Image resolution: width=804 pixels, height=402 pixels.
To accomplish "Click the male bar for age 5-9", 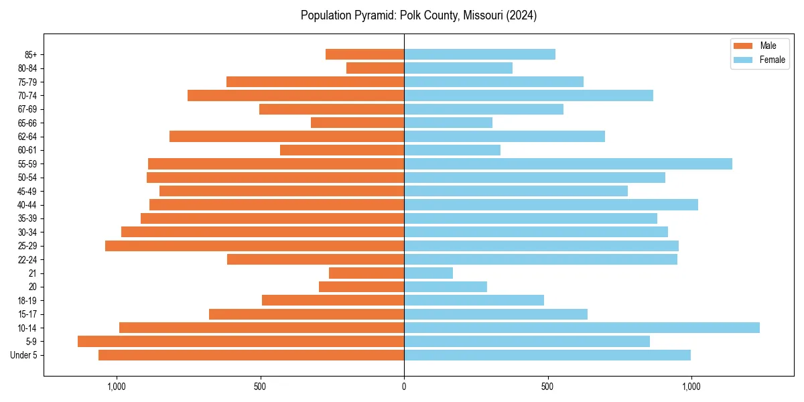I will [x=241, y=341].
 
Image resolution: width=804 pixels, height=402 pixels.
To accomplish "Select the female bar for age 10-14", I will [x=582, y=328].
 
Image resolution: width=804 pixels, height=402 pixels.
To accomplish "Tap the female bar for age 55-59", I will [x=568, y=163].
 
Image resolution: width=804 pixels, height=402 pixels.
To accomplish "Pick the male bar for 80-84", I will [x=375, y=68].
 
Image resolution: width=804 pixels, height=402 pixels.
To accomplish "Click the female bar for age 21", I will [x=428, y=273].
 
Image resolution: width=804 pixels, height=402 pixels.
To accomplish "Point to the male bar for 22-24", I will [x=316, y=259].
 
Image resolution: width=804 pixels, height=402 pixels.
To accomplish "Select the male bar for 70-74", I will [x=295, y=95].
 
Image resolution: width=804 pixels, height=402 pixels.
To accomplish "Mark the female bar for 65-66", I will [x=448, y=123].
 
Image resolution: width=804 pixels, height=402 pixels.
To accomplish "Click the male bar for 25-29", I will [x=255, y=245].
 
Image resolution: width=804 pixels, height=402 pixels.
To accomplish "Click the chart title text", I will [x=418, y=15].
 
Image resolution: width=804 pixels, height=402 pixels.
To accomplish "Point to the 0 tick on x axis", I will [x=404, y=387].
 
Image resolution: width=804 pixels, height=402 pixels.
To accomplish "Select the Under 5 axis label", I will [x=23, y=355].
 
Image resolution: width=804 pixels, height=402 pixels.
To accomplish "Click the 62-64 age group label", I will [x=27, y=137].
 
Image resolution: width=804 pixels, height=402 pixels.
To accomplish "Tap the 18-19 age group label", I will [x=27, y=300].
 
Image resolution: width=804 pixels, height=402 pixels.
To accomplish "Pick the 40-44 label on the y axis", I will [x=27, y=204].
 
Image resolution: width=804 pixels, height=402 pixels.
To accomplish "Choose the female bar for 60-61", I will [x=452, y=150].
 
